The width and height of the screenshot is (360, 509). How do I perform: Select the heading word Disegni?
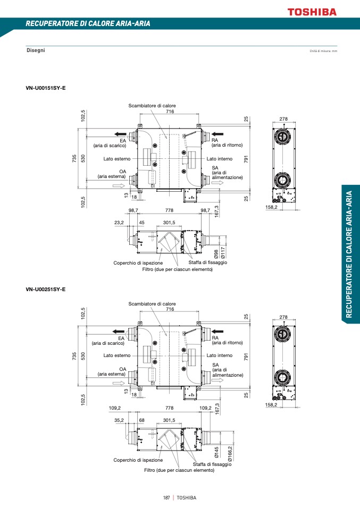36,50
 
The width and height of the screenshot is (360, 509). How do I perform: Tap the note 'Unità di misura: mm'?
323,50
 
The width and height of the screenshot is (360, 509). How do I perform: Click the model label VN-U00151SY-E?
46,87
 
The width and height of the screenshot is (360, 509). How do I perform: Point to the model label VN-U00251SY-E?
46,289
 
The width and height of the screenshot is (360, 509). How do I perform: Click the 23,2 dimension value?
119,223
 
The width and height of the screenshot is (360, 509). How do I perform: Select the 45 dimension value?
141,223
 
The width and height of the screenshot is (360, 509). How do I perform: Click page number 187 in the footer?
166,498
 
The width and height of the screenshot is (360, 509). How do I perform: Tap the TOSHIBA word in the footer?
187,498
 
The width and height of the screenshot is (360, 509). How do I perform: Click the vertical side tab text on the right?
349,254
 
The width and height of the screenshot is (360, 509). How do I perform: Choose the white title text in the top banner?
88,24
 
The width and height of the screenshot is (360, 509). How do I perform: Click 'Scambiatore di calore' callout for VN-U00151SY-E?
152,106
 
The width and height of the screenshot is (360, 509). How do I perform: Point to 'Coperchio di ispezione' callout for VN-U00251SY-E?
138,460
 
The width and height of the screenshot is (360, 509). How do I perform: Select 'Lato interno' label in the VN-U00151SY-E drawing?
220,159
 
